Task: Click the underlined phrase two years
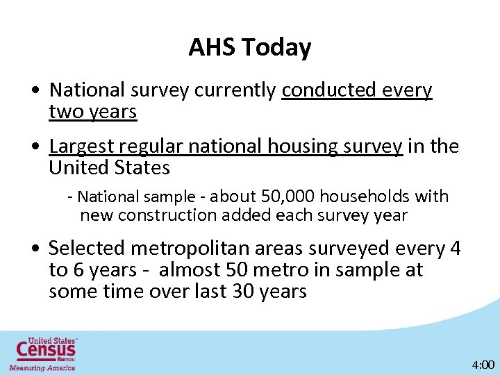92,112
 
